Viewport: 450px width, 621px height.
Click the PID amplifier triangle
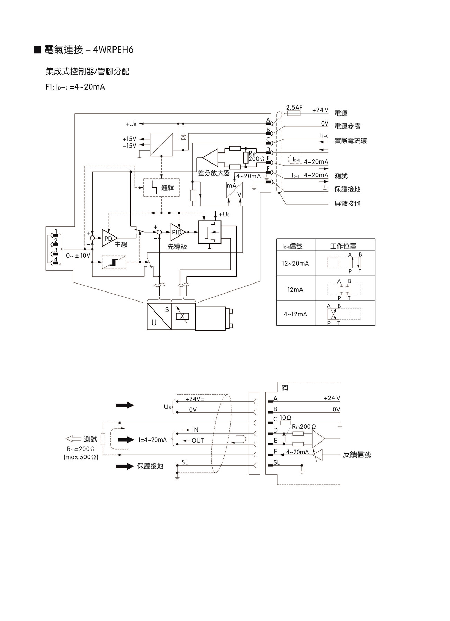pyautogui.click(x=177, y=232)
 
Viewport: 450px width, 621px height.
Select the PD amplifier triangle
pyautogui.click(x=109, y=238)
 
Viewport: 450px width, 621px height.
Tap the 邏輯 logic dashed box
pyautogui.click(x=162, y=188)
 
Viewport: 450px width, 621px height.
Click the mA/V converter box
pyautogui.click(x=234, y=190)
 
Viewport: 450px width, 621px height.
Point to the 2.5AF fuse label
pyautogui.click(x=294, y=108)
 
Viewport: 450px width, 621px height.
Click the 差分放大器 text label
pyautogui.click(x=214, y=173)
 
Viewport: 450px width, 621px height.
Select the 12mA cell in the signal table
pyautogui.click(x=295, y=290)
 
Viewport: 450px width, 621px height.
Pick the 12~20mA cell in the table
pyautogui.click(x=295, y=263)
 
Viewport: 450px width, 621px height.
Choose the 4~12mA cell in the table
pyautogui.click(x=295, y=314)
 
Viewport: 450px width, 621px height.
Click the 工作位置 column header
pyautogui.click(x=343, y=246)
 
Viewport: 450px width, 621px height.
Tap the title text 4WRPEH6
pyautogui.click(x=114, y=50)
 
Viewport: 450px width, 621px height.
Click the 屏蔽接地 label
pyautogui.click(x=347, y=204)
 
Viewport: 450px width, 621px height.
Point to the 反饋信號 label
pyautogui.click(x=357, y=455)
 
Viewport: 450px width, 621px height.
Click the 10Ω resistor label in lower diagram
pyautogui.click(x=286, y=418)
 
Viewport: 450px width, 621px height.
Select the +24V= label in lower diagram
pyautogui.click(x=195, y=399)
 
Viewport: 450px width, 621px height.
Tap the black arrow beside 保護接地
pyautogui.click(x=125, y=466)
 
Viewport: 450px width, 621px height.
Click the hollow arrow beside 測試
pyautogui.click(x=73, y=439)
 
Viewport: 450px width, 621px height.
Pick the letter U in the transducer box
pyautogui.click(x=154, y=323)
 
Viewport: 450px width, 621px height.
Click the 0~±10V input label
pyautogui.click(x=78, y=256)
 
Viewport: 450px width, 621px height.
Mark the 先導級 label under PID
pyautogui.click(x=177, y=247)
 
